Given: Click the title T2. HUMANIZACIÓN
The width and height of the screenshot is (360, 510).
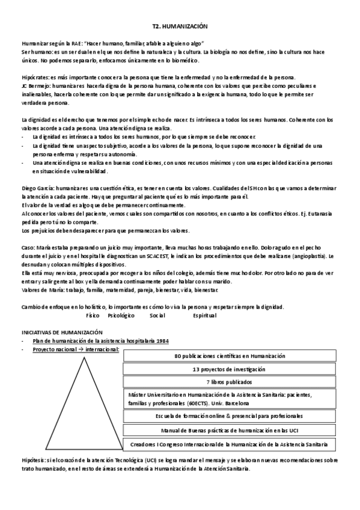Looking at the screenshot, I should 180,27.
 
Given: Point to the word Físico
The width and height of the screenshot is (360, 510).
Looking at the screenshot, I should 93,315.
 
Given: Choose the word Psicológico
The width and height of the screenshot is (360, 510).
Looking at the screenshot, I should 121,315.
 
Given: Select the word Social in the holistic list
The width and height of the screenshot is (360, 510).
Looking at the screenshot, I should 157,315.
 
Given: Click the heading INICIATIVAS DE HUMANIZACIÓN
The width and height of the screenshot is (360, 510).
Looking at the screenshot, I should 62,332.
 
